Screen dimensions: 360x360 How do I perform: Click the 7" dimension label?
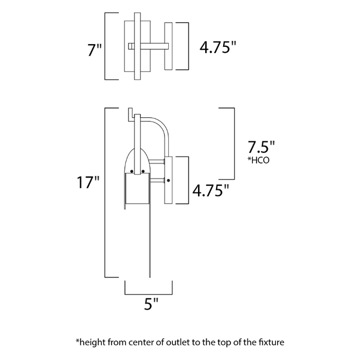tap(95, 50)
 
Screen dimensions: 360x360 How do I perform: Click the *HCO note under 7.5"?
tap(259, 160)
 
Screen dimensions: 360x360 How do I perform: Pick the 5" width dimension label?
tap(149, 304)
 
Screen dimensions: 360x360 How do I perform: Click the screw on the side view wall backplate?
tap(169, 180)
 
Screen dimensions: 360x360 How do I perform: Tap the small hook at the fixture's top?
tap(131, 112)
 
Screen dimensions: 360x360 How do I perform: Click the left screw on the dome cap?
tap(132, 171)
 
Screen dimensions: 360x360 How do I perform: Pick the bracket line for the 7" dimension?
tap(105, 46)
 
